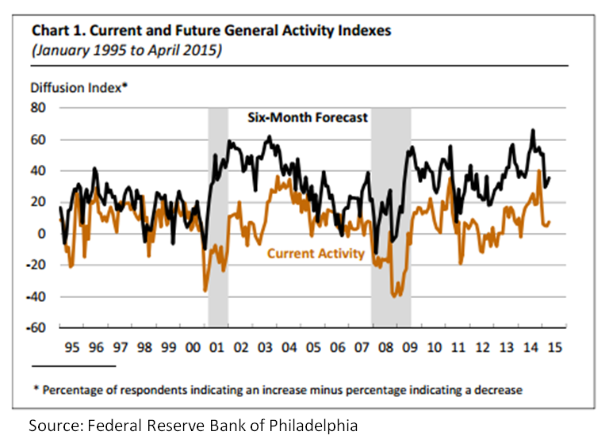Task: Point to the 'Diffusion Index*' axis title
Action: point(78,88)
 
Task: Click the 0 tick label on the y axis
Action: point(44,234)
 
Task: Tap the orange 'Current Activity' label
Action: point(316,254)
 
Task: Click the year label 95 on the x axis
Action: point(71,347)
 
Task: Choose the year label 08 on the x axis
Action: point(389,347)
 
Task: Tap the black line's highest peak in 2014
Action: point(533,130)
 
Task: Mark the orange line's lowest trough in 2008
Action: point(394,296)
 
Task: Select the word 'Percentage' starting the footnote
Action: point(74,390)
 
